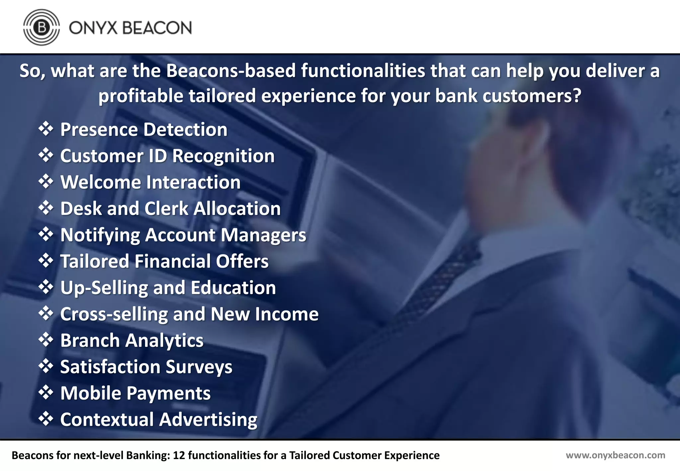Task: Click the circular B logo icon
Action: tap(42, 27)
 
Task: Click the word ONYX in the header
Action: tap(93, 28)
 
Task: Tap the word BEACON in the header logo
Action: tap(157, 28)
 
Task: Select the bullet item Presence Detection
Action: tap(143, 130)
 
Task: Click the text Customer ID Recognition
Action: tap(167, 156)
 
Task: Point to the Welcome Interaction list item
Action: tap(150, 182)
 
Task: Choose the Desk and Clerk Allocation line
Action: tap(170, 209)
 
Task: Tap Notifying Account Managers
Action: tap(183, 235)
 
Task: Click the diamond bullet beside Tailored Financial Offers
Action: tap(46, 261)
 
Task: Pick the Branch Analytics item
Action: tap(132, 340)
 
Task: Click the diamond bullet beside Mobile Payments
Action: tap(46, 393)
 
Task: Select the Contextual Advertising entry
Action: tap(159, 420)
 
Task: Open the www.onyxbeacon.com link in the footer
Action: tap(615, 455)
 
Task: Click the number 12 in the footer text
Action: tap(179, 455)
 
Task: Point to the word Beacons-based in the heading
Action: tap(231, 71)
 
